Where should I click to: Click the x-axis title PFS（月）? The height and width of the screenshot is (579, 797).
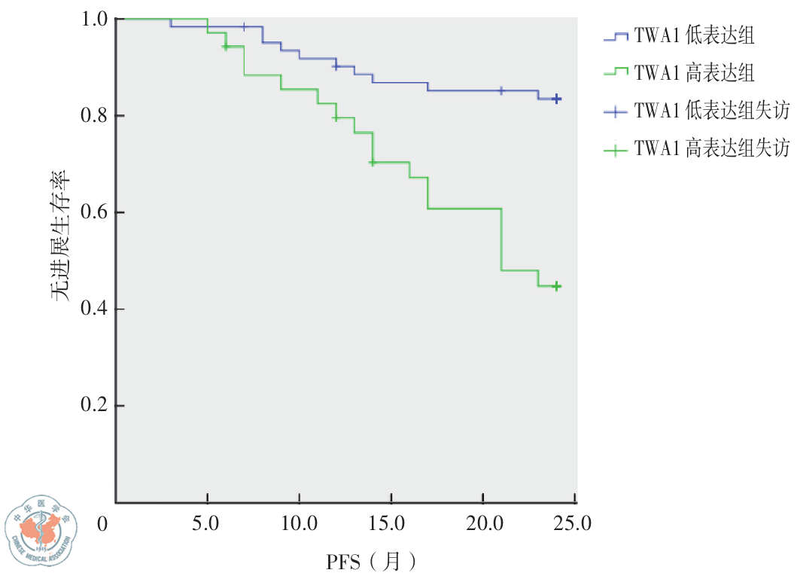[371, 561]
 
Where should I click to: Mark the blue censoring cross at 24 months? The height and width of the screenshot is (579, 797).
[556, 99]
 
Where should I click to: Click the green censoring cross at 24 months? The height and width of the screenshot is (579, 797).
[556, 286]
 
